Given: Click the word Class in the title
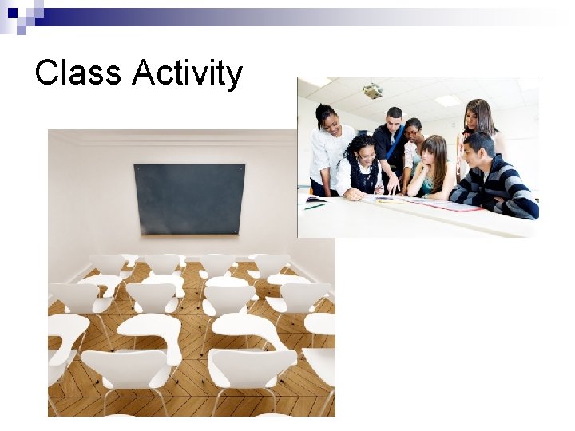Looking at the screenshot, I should [x=78, y=73].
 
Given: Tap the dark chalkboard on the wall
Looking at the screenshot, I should [x=189, y=199].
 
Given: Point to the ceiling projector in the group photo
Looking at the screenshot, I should [x=373, y=91].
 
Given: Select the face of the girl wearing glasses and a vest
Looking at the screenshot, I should [x=363, y=149].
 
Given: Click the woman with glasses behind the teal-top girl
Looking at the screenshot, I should [x=412, y=132].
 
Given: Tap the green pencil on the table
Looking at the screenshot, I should [x=315, y=206].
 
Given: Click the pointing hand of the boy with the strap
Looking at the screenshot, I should [x=392, y=188].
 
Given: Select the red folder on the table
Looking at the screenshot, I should [x=456, y=207].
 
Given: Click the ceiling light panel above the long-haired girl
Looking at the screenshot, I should [x=447, y=101].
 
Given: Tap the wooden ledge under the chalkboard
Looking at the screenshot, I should [x=189, y=235].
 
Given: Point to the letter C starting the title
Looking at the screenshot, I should [x=46, y=73].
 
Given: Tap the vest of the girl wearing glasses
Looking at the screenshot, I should [x=363, y=176].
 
